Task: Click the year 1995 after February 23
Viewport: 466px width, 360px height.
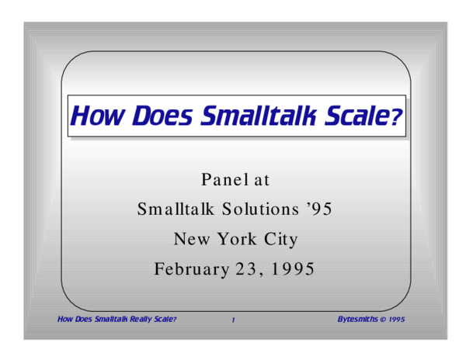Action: pyautogui.click(x=290, y=269)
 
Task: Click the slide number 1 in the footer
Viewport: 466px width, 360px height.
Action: pyautogui.click(x=232, y=320)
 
